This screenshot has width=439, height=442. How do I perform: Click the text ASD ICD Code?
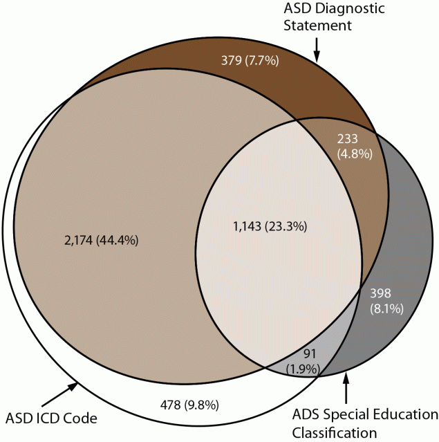[50, 418]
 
